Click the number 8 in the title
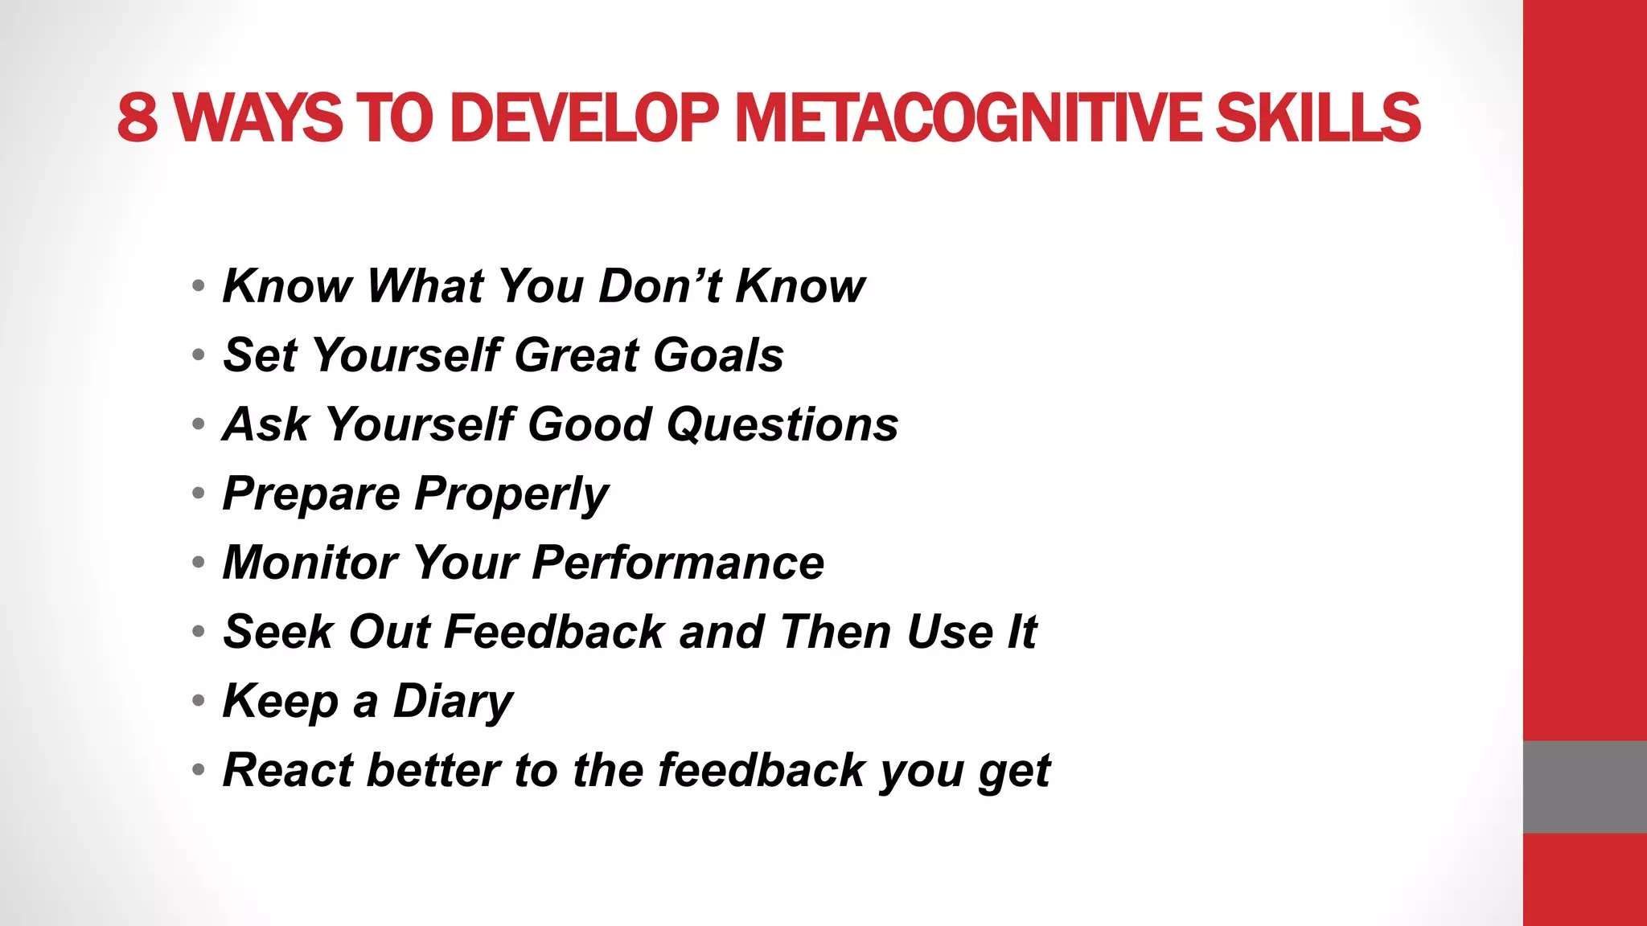coord(138,118)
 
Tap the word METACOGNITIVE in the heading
coord(967,118)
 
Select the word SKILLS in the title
coord(1318,118)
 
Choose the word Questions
coord(782,424)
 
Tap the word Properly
coord(511,494)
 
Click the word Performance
coord(678,563)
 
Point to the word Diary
coord(453,701)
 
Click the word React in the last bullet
coord(288,770)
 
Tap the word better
coord(434,770)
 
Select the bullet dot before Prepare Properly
coord(199,493)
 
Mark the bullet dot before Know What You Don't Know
coord(199,285)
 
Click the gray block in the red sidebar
coord(1584,787)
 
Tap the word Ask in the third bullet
coord(266,424)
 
